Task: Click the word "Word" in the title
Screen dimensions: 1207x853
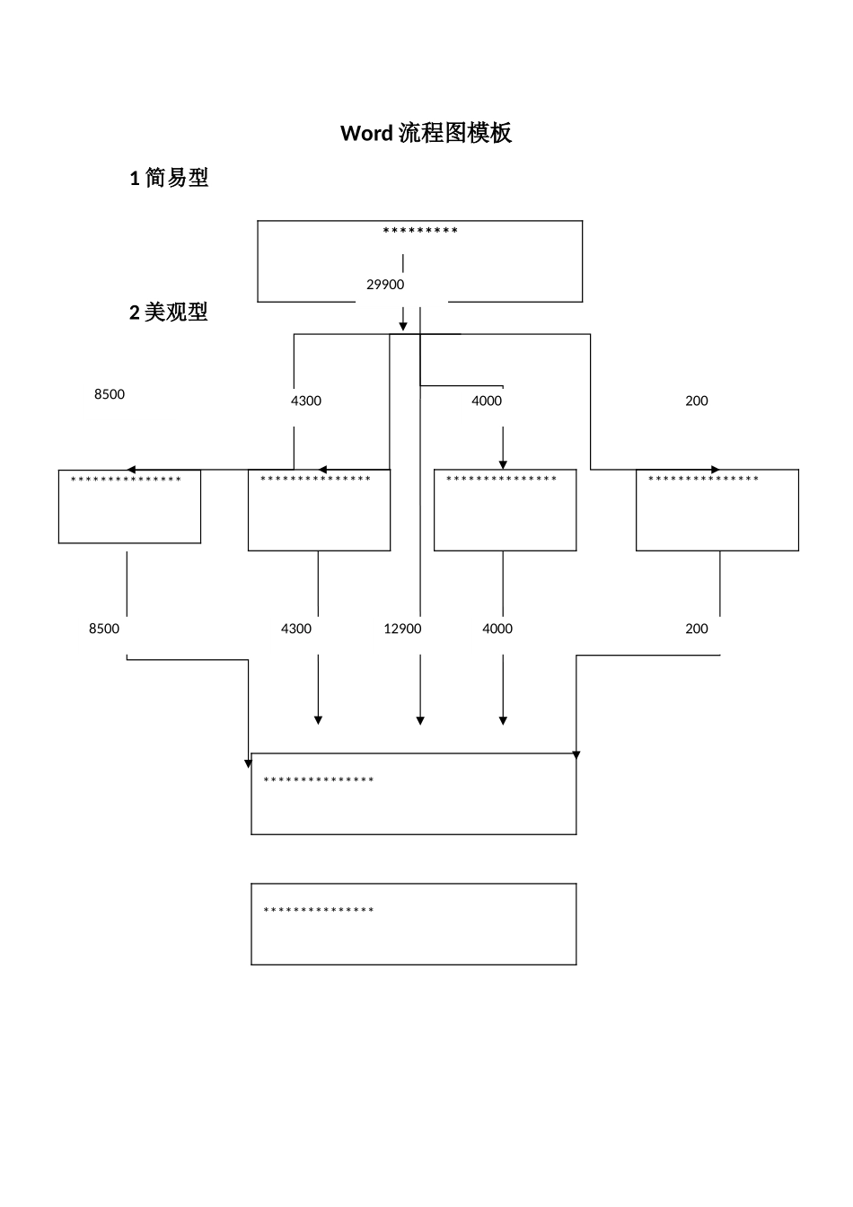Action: [x=366, y=134]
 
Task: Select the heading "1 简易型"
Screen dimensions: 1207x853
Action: [x=170, y=178]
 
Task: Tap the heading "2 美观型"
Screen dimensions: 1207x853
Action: [x=169, y=313]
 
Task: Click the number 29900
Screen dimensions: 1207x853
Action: [x=385, y=285]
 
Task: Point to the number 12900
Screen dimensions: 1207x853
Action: [x=402, y=629]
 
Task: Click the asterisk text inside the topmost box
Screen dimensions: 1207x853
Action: [x=420, y=232]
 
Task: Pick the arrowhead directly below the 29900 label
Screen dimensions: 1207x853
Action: [x=403, y=325]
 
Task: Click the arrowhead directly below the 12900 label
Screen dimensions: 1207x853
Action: [x=420, y=720]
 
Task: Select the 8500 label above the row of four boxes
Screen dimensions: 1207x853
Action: [x=110, y=394]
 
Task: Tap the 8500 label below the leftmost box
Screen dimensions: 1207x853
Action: [x=104, y=629]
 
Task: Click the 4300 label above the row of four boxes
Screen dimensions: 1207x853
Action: [x=306, y=401]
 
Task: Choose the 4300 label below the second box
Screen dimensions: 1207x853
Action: [x=296, y=629]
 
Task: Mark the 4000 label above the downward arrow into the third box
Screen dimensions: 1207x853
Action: [x=487, y=401]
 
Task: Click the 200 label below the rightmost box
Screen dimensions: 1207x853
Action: [x=697, y=629]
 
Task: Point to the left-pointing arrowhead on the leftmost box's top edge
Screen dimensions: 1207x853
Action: [x=131, y=470]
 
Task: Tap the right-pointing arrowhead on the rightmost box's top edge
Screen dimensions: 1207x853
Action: [x=716, y=470]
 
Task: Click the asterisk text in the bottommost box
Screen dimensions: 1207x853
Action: [x=319, y=912]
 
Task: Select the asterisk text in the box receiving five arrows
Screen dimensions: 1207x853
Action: [x=319, y=780]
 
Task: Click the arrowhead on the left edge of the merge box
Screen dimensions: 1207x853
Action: [x=249, y=763]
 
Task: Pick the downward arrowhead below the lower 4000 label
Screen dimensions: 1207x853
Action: [x=503, y=720]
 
